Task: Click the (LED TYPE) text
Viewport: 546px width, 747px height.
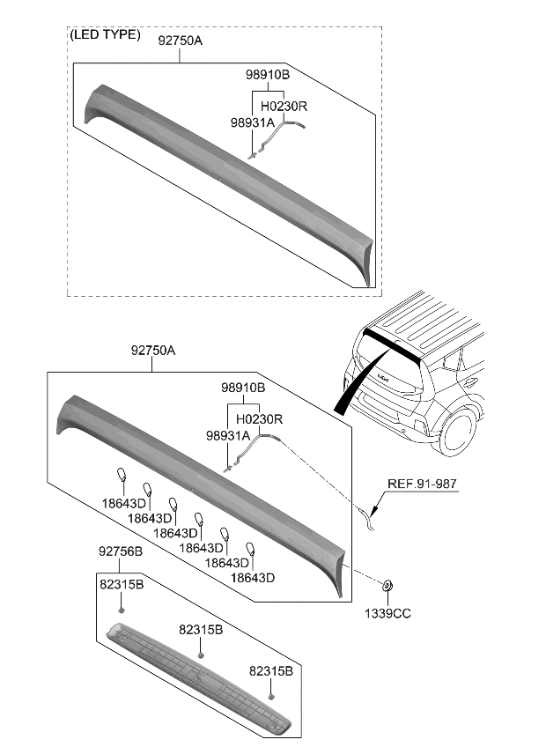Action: [x=104, y=35]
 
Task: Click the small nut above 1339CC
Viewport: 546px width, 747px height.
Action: [x=387, y=585]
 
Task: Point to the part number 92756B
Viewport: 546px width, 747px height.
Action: [x=119, y=552]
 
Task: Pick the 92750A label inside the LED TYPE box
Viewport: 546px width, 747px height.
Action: [x=181, y=40]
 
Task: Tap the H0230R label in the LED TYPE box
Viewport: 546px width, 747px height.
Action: [x=283, y=106]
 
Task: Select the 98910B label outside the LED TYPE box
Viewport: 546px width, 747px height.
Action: [x=243, y=388]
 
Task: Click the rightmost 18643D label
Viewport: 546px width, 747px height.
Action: [x=253, y=578]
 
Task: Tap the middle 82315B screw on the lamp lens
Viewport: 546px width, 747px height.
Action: [x=202, y=655]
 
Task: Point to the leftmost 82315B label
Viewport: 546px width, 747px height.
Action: [x=121, y=584]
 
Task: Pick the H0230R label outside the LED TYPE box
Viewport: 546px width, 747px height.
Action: [x=259, y=418]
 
